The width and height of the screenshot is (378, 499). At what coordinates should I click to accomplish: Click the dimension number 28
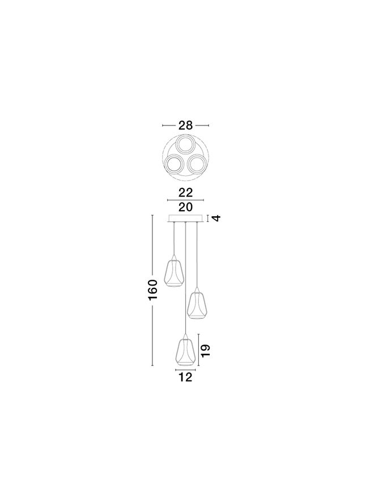(x=185, y=125)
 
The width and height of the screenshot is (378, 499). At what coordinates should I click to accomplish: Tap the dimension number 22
(x=185, y=192)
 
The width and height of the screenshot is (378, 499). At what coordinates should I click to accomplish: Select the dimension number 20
(x=185, y=207)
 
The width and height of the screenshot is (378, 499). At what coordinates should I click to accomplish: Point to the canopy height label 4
(x=216, y=219)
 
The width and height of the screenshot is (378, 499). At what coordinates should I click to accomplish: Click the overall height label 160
(x=152, y=290)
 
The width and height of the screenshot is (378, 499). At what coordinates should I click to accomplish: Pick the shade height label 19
(x=206, y=350)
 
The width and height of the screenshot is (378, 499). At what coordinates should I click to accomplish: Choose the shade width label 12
(x=185, y=378)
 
